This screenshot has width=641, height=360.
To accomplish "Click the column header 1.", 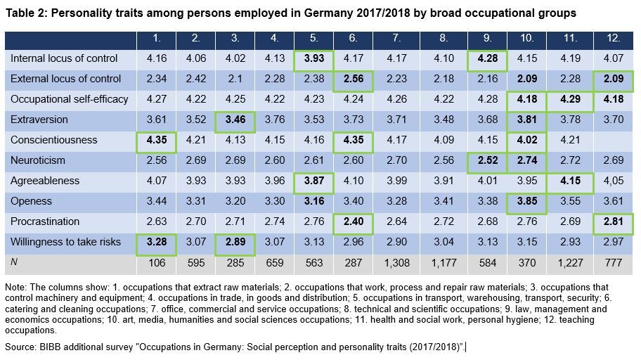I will coord(158,38).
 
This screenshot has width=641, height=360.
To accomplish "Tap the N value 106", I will coord(158,262).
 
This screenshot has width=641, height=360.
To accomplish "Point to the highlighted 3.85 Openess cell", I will coord(526,201).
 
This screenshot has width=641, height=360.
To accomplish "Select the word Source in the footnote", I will coord(20,347).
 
